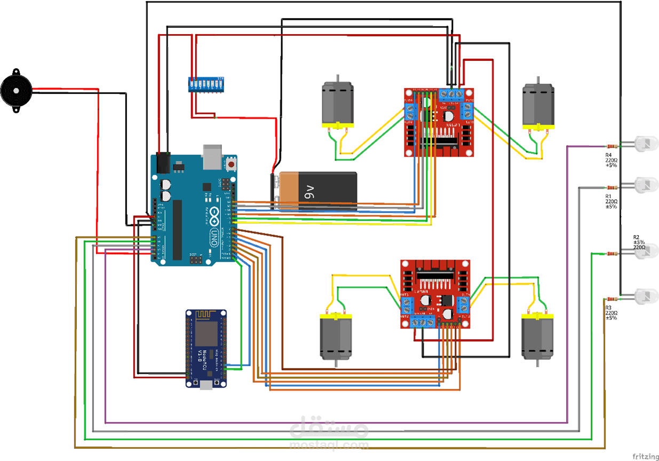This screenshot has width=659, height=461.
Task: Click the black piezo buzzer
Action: (x=15, y=91)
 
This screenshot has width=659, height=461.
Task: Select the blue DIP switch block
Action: (x=204, y=84)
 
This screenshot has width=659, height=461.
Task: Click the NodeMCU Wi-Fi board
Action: (x=206, y=348)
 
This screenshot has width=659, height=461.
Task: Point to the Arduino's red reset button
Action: (x=231, y=165)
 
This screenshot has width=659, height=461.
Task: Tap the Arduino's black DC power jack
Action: (x=163, y=163)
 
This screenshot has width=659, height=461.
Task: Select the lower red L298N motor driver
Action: (x=435, y=294)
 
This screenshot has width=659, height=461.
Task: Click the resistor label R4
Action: (x=609, y=154)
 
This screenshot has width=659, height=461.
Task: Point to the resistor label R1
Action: (x=608, y=196)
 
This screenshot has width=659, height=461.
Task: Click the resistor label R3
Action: (x=608, y=308)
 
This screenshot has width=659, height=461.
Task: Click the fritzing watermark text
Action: (x=645, y=456)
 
